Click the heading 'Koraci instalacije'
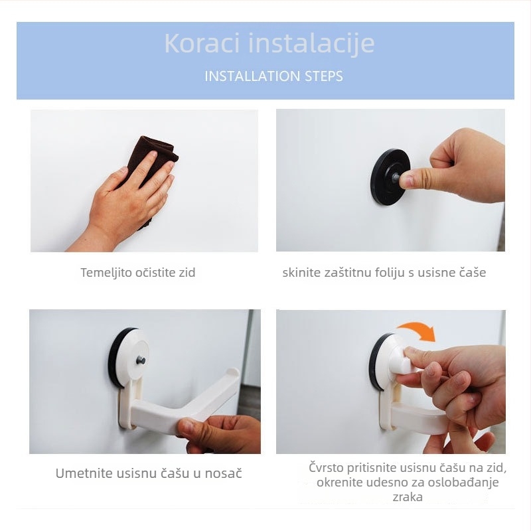click(269, 43)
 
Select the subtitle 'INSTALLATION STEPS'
click(273, 76)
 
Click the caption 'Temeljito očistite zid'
click(138, 272)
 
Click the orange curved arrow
click(414, 327)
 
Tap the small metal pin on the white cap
click(141, 360)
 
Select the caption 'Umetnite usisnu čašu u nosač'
click(149, 473)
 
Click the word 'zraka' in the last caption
click(407, 496)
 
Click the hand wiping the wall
click(129, 202)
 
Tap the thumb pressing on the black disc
click(413, 177)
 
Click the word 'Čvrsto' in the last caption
click(327, 467)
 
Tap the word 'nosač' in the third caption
click(225, 473)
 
